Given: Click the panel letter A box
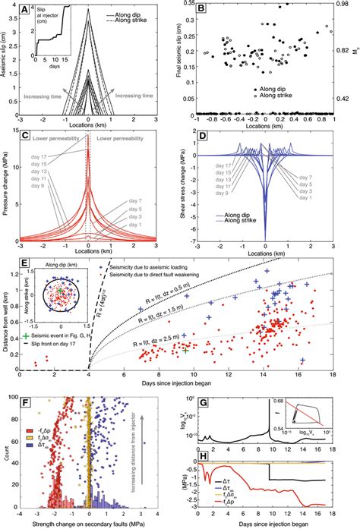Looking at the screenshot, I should click(25, 11).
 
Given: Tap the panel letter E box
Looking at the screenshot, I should click(25, 269).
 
